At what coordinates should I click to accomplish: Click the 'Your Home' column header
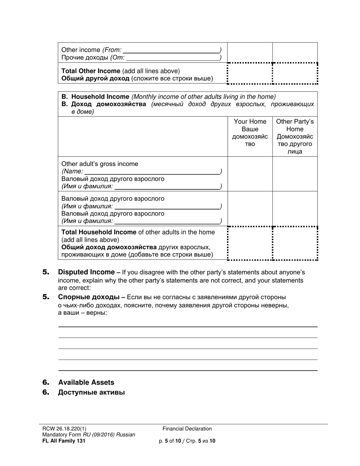point(250,122)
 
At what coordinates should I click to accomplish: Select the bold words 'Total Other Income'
point(91,71)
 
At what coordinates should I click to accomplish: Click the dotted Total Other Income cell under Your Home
point(250,73)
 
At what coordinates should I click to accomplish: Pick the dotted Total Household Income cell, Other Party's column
point(295,243)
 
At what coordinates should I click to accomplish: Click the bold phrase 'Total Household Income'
point(99,232)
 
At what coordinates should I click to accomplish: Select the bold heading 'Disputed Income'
point(86,272)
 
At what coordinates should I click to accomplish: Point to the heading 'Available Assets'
point(86,382)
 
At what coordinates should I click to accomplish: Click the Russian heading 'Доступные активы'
point(91,393)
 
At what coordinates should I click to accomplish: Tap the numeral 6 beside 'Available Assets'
point(46,382)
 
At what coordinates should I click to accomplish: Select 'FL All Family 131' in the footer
point(64,441)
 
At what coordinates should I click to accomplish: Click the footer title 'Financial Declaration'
point(187,429)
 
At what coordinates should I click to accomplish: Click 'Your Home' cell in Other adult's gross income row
point(250,174)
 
